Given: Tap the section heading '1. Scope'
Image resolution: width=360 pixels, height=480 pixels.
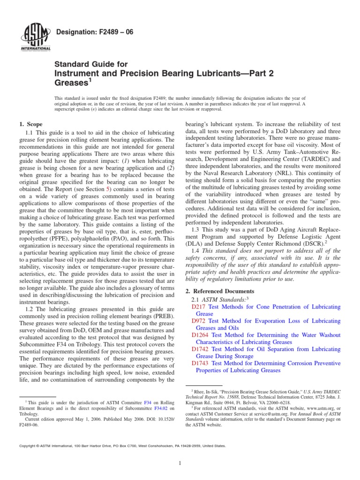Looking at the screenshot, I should point(31,124).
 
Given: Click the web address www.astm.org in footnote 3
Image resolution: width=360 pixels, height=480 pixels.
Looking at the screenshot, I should point(317,409).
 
